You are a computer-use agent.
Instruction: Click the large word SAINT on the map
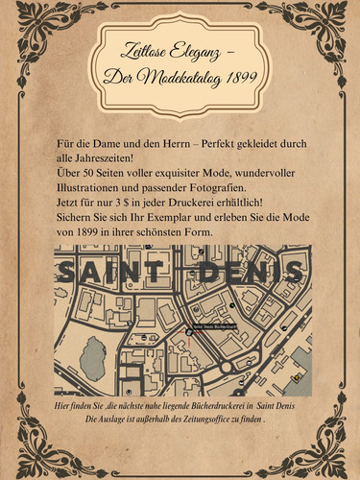click(113, 272)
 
